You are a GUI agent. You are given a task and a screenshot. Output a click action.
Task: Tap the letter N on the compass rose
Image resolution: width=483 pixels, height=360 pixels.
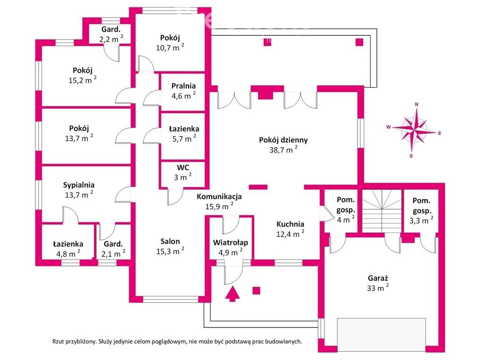tap(416, 105)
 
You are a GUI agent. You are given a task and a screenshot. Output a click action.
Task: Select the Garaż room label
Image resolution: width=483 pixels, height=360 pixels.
tap(377, 278)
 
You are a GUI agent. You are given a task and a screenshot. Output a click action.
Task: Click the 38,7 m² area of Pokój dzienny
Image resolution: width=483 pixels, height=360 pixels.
tap(283, 150)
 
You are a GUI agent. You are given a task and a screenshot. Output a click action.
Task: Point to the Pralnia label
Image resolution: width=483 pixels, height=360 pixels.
tap(183, 86)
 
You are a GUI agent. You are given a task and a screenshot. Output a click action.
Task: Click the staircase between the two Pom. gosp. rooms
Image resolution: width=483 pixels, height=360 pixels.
tap(382, 210)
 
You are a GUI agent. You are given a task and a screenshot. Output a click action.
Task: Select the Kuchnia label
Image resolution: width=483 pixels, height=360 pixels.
tap(290, 224)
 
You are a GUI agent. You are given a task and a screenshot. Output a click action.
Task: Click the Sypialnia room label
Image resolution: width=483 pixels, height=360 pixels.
tap(79, 185)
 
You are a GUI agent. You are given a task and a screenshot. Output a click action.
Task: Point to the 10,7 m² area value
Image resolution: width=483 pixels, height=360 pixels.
tap(169, 48)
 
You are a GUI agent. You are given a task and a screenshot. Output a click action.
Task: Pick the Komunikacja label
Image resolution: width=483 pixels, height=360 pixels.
tap(219, 197)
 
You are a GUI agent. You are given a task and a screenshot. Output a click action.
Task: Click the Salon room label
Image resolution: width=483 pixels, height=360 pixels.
tap(170, 241)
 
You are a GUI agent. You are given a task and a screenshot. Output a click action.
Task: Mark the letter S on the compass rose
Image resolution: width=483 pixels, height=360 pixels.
tap(411, 155)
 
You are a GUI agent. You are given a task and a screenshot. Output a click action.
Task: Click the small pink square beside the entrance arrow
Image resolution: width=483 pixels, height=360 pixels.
tap(256, 290)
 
